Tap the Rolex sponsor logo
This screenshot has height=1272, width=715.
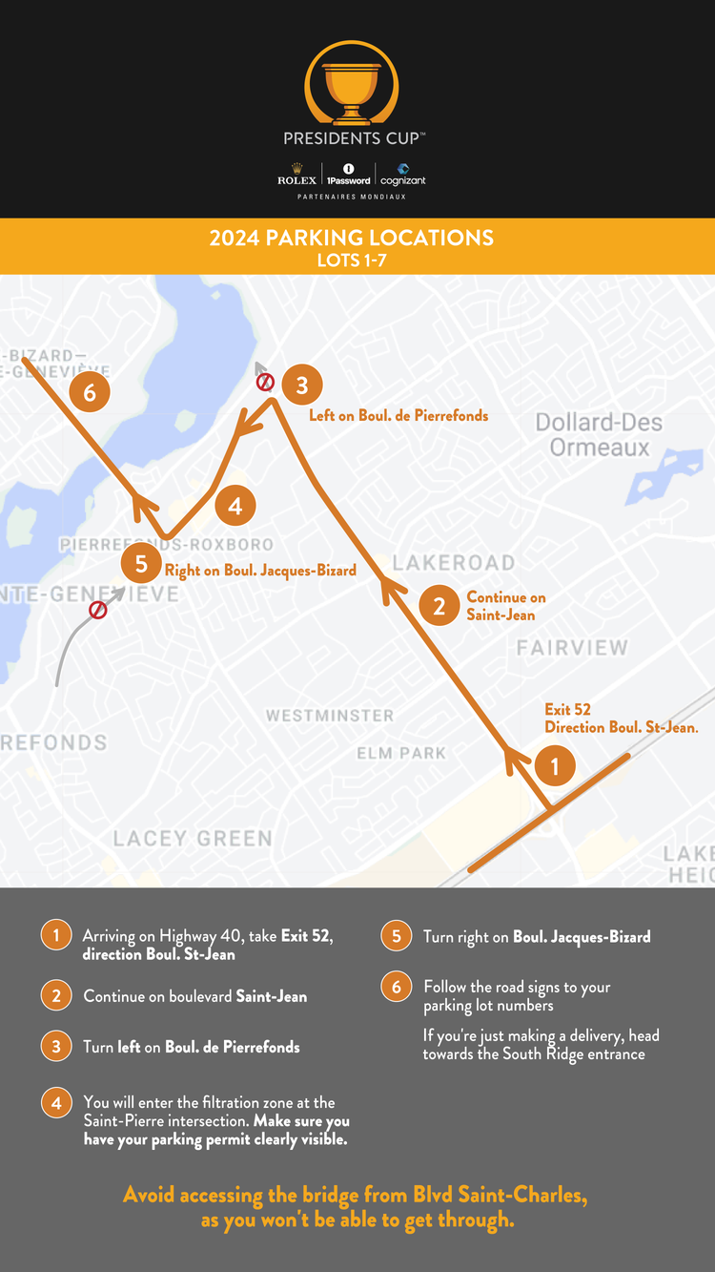coord(296,179)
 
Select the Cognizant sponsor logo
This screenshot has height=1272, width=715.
coord(402,176)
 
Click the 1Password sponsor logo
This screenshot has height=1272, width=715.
coord(348,176)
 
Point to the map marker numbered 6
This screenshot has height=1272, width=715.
coord(90,392)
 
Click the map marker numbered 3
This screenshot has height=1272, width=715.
coord(302,386)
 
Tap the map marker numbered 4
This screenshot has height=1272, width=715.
coord(235,507)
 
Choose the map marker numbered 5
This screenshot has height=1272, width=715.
coord(141,564)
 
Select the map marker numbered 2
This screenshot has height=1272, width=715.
coord(439,605)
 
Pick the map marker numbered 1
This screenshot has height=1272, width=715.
coord(555,765)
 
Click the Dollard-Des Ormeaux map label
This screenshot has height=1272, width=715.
coord(599,435)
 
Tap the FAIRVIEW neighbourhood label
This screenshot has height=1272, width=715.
coord(572,648)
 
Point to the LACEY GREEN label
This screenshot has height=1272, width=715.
coord(193,838)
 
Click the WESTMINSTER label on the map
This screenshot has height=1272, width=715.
coord(329,716)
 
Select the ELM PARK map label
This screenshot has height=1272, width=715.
coord(401,753)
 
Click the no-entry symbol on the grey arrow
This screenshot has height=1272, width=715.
coord(97,610)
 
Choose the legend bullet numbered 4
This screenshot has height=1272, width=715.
coord(56,1102)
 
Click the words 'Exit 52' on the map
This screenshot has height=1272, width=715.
coord(567,710)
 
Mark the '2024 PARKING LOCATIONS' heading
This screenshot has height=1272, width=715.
coord(352,238)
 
